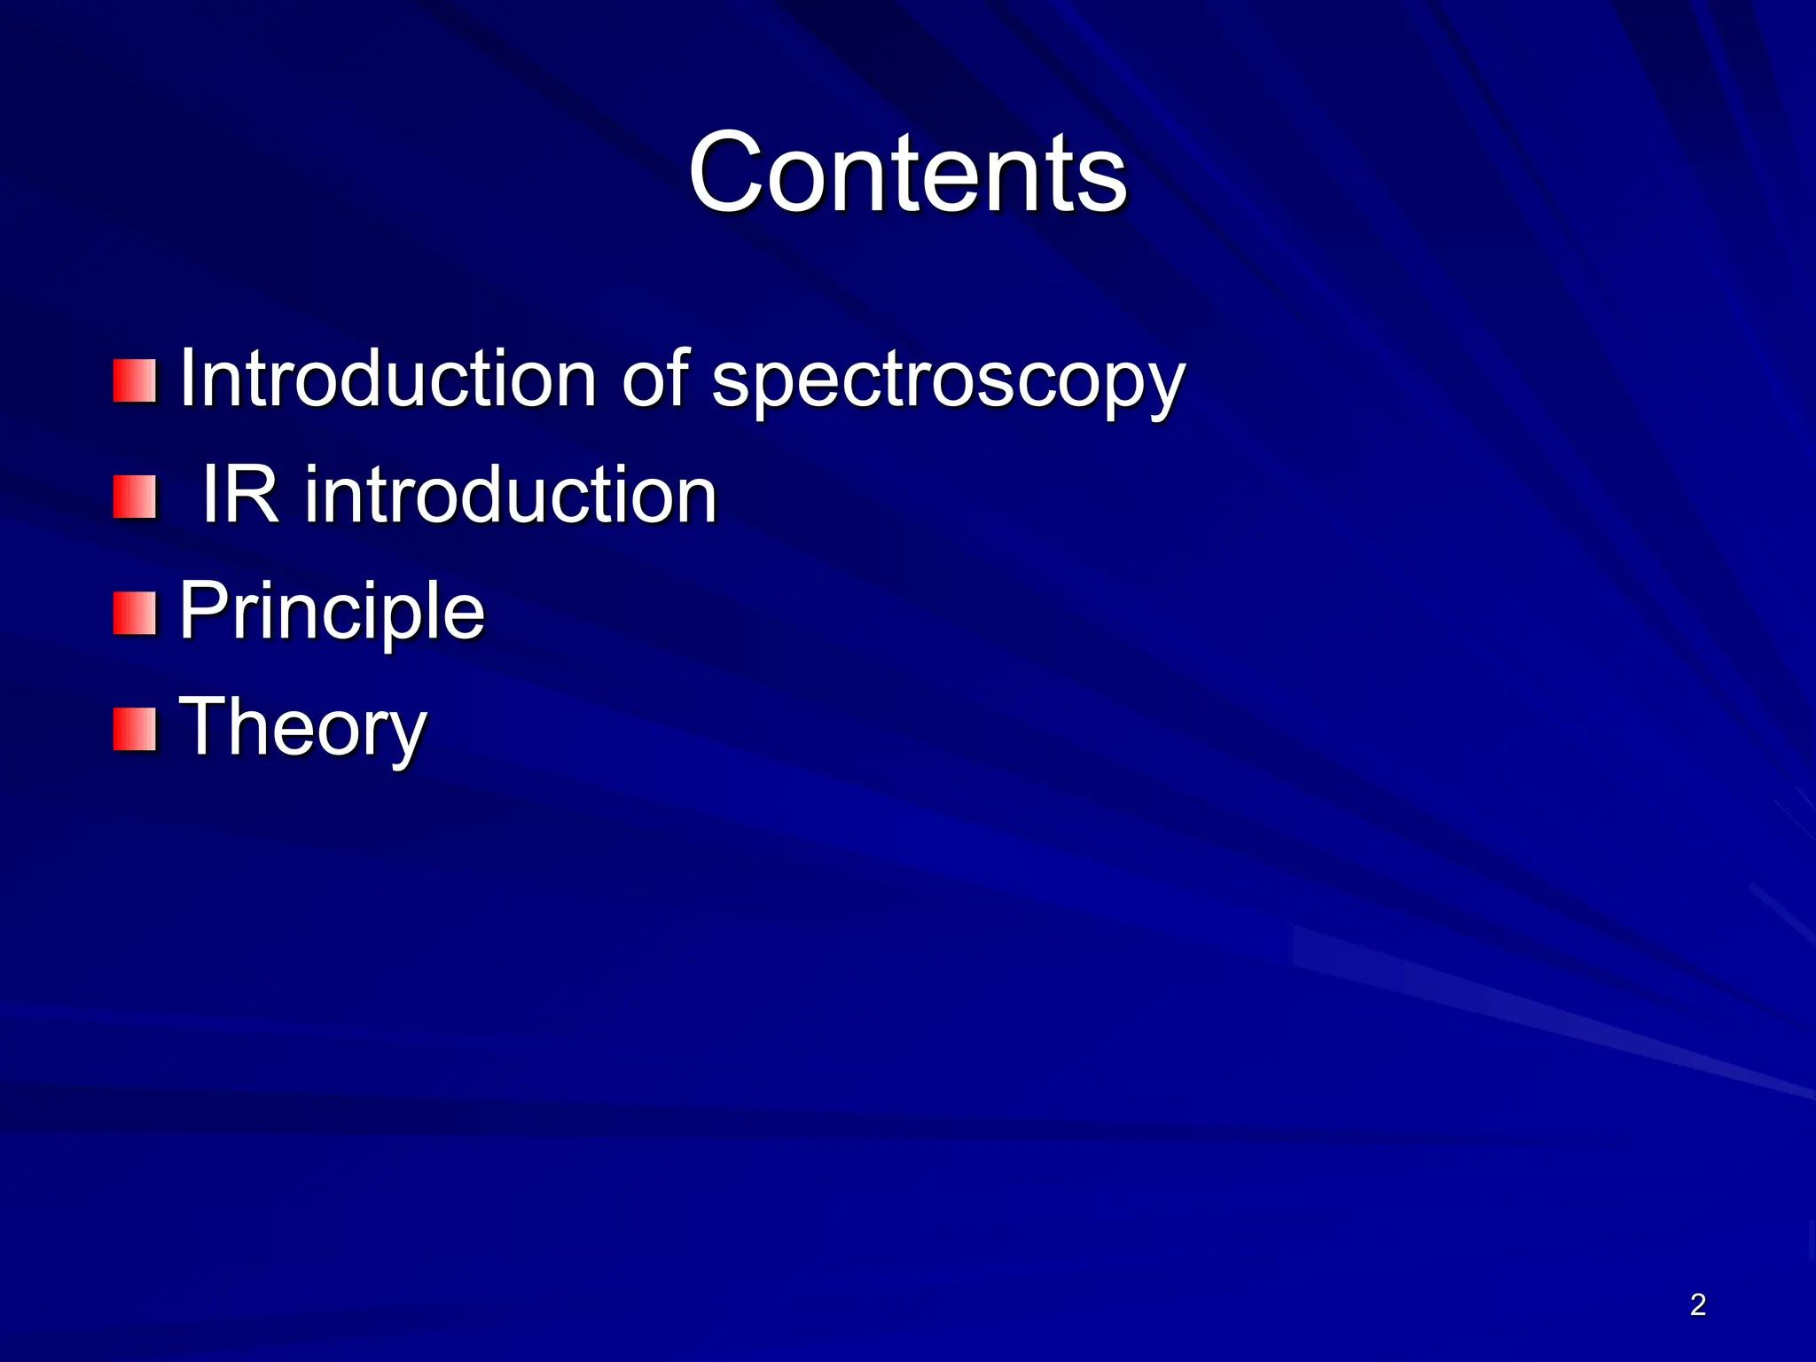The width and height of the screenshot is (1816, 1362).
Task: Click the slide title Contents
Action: click(907, 173)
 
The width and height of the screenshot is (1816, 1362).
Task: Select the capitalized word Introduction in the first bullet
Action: click(387, 380)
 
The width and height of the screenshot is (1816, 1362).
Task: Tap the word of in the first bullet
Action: click(654, 380)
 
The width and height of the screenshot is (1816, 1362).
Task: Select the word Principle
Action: click(332, 612)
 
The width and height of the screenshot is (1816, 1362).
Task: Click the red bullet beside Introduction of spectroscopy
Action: click(135, 381)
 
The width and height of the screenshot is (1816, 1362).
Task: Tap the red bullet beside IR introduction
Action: click(135, 497)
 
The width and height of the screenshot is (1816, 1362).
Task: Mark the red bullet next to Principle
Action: click(135, 614)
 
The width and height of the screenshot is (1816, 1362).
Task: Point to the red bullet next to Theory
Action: click(135, 730)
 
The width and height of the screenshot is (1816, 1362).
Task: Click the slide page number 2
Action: click(1697, 1304)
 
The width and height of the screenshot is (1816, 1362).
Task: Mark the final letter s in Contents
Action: click(1105, 182)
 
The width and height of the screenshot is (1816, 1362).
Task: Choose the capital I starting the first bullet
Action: click(187, 379)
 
